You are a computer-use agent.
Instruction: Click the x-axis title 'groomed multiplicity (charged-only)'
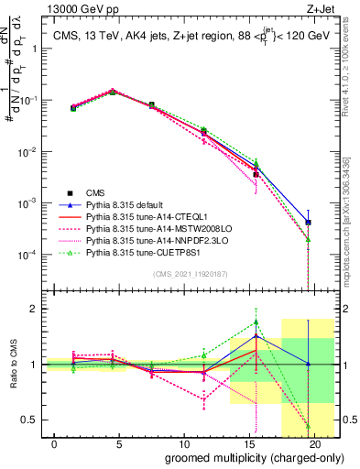pyautogui.click(x=242, y=457)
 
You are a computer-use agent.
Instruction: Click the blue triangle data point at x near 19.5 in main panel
pyautogui.click(x=309, y=222)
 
